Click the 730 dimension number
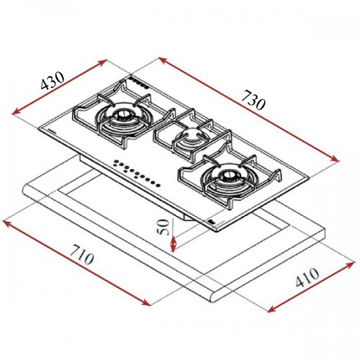point(253,99)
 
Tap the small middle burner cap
point(191,135)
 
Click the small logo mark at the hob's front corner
point(209,222)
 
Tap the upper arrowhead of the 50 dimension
point(173,219)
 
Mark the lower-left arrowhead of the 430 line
point(15,112)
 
